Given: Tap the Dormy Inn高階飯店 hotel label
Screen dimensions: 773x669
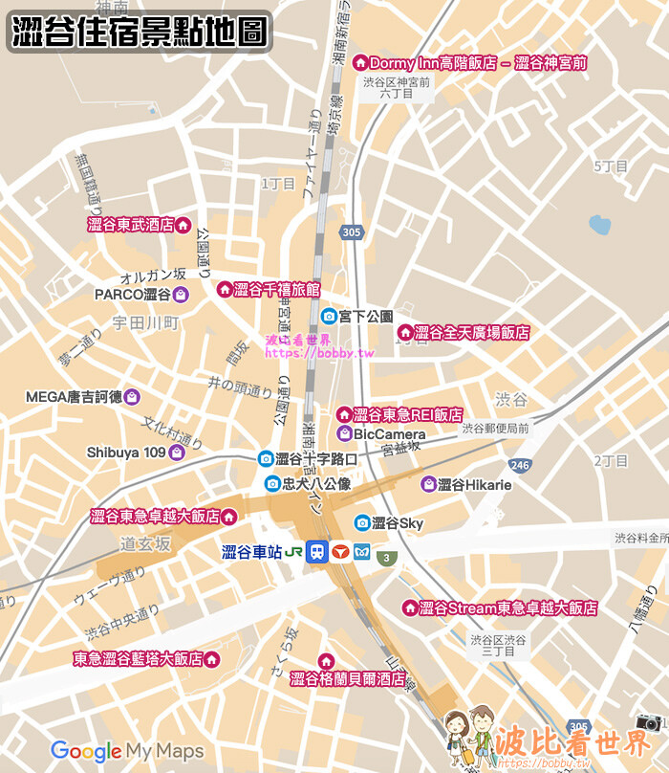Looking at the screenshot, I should click(478, 63).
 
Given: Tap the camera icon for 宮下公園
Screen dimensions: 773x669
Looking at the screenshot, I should click(328, 316).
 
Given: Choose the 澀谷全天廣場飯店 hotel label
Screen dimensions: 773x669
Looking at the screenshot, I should click(472, 333).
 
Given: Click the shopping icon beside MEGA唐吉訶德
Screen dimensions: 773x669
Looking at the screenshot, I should click(132, 396).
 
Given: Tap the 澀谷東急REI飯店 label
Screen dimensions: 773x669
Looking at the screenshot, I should click(407, 415).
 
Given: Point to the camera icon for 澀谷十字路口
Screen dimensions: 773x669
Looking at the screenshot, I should click(265, 459).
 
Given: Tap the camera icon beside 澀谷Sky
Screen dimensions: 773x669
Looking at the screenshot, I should click(362, 522).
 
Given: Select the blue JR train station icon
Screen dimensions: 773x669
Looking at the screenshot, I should click(317, 553).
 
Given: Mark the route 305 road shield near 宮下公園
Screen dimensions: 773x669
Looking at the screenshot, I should click(352, 232).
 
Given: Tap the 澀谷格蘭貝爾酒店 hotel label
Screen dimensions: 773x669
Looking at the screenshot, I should click(347, 679).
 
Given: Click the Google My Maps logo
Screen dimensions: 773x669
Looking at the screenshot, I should click(127, 751).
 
